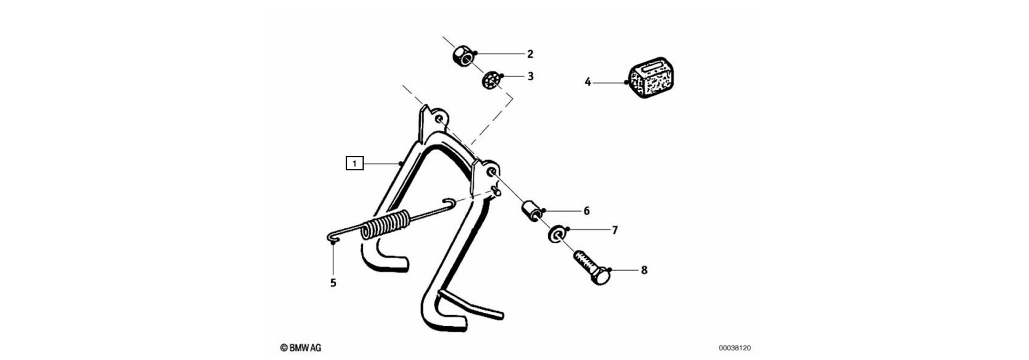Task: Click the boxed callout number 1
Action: point(354,162)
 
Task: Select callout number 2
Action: point(530,54)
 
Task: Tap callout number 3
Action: point(531,76)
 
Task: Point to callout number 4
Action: point(587,82)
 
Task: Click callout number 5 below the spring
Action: point(333,283)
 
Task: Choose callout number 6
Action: point(586,211)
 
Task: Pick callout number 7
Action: point(615,230)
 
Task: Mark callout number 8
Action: point(644,270)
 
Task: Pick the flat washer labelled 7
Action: point(556,235)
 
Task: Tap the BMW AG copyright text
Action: point(301,348)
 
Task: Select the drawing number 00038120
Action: point(735,348)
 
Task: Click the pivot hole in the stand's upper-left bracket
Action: point(439,119)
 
